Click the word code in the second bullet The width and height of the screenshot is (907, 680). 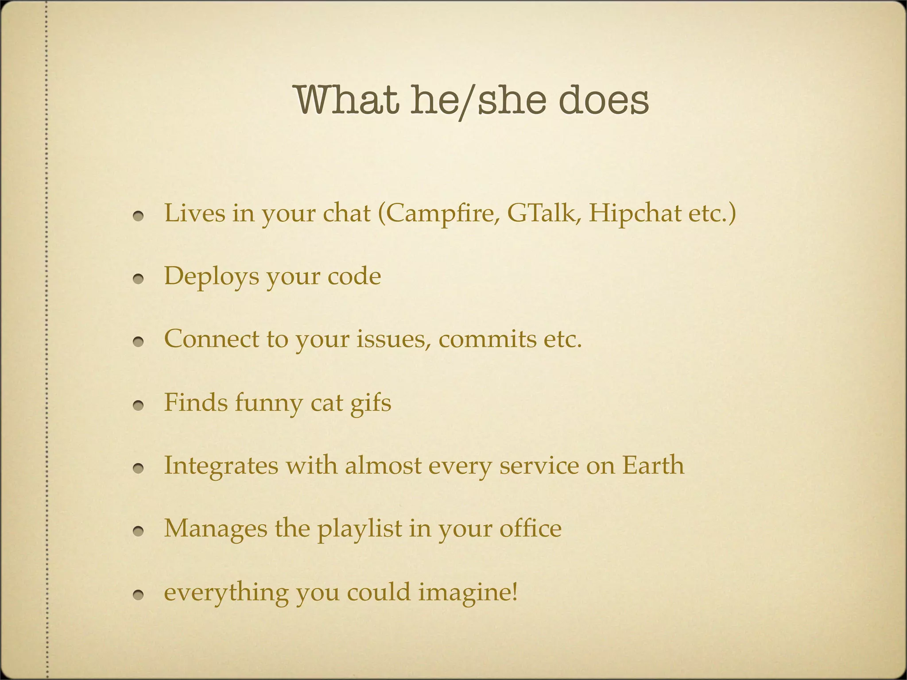354,276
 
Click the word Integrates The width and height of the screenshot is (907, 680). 221,466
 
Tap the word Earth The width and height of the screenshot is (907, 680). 653,465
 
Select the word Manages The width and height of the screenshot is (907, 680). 216,529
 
